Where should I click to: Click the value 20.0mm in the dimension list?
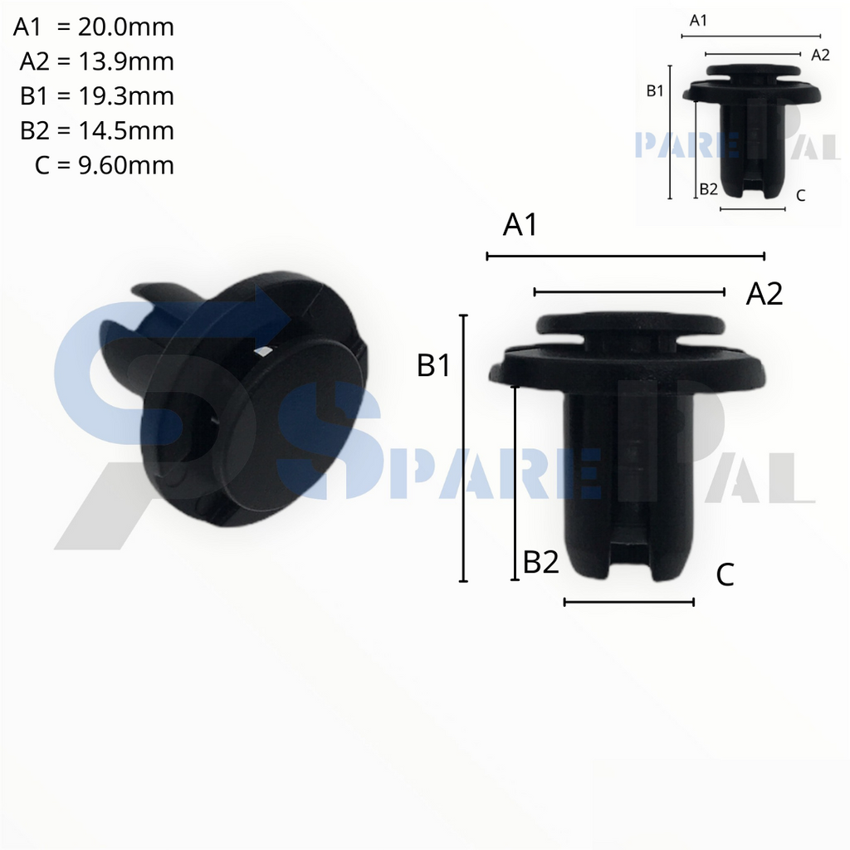tap(125, 27)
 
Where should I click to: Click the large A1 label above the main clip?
tap(520, 226)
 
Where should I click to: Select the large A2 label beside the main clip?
tap(764, 294)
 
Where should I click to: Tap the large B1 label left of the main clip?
tap(434, 365)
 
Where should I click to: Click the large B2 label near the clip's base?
tap(540, 564)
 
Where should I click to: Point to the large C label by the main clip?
tap(725, 574)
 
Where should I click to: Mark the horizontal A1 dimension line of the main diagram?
tap(625, 256)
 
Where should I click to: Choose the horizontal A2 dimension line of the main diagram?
tap(630, 291)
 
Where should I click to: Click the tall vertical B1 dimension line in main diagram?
tap(463, 448)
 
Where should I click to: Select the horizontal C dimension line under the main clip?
tap(628, 602)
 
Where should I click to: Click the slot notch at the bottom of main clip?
tap(628, 556)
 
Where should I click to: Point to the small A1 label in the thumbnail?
tap(699, 21)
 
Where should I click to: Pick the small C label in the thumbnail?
tap(799, 196)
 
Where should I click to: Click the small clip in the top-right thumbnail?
tap(751, 125)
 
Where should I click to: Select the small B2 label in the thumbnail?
tap(708, 189)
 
